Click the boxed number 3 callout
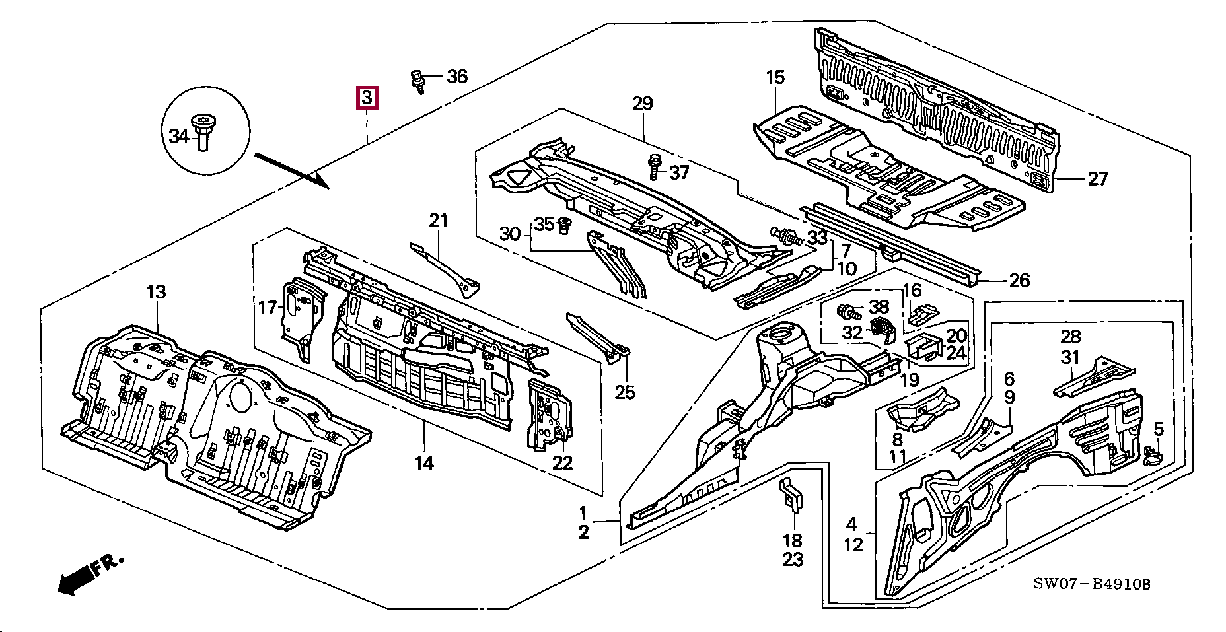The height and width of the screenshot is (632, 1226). pos(367,98)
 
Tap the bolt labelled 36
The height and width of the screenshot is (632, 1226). pos(417,81)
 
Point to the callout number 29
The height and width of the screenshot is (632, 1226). pos(642,104)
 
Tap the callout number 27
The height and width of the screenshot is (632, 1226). pos(1097,178)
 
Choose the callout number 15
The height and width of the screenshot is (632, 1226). pos(775,77)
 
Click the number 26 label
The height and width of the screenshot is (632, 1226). pos(1019,280)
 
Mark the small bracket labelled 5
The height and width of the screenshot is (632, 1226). pos(1152,455)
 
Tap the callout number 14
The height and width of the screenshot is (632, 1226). pos(424,463)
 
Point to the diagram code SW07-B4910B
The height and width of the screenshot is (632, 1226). pos(1092,584)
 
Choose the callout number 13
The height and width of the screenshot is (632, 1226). pos(156,292)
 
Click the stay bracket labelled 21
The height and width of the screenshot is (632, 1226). pos(449,270)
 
